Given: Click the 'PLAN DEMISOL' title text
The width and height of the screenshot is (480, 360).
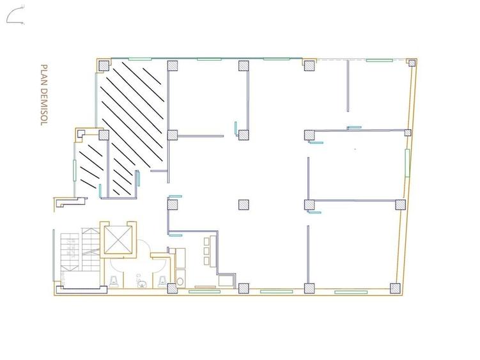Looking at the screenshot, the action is [44, 95].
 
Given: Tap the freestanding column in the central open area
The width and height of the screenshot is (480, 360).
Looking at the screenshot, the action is [244, 205].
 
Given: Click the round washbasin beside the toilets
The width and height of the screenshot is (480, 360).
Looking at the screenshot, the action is [180, 281].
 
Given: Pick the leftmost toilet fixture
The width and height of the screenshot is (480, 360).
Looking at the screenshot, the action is [114, 281].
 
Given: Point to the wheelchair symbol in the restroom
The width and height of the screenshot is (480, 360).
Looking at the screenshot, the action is [141, 281].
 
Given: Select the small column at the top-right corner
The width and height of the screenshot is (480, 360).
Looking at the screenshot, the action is [412, 63].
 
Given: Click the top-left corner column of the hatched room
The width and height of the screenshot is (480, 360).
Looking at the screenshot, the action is [104, 66].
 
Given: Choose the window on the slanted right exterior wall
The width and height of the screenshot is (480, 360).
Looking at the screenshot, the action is [407, 162].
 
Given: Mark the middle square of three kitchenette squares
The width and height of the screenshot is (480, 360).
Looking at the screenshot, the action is [206, 251].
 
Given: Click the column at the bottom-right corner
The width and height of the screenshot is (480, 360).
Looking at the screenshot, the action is [395, 288].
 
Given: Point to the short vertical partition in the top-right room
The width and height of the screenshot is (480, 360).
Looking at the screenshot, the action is [348, 86].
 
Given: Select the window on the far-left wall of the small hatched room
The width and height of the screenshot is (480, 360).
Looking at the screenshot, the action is [74, 170].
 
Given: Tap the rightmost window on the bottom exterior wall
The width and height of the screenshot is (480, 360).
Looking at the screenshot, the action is [351, 292].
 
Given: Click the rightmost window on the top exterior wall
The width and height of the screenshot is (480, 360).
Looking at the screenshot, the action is [379, 60].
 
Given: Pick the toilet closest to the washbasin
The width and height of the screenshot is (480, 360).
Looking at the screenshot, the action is [162, 281].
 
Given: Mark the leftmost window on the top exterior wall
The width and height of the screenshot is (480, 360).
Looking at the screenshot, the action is [140, 59].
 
